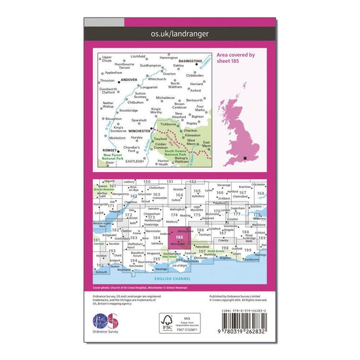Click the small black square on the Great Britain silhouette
point(244,158)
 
